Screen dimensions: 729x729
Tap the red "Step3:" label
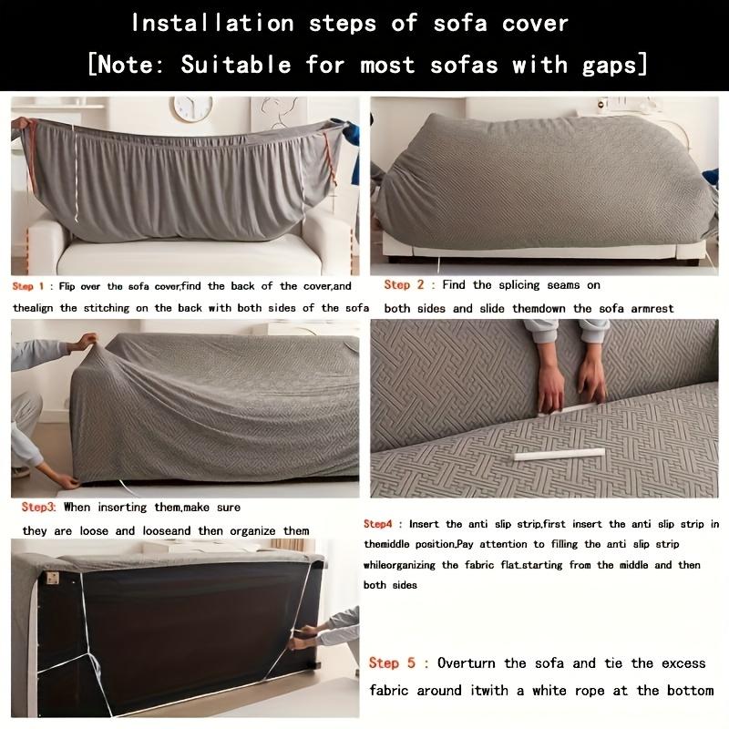click(38, 507)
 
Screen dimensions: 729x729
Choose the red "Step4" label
click(378, 524)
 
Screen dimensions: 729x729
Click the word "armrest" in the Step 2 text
click(648, 309)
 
